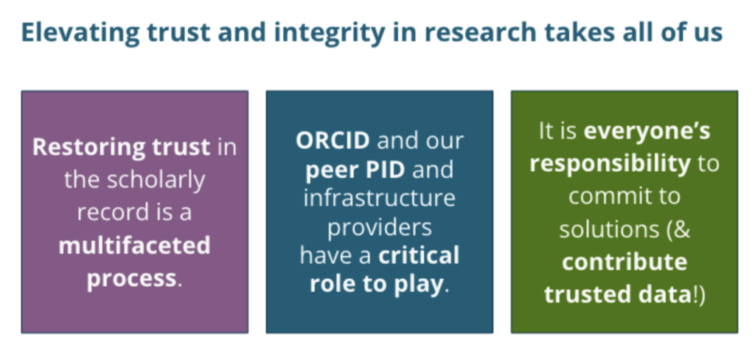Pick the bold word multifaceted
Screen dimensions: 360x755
pos(134,245)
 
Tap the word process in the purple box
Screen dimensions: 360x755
pos(131,279)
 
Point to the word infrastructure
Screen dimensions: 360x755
pos(379,198)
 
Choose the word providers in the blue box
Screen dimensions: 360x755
pos(379,227)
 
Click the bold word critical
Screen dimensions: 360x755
pos(418,255)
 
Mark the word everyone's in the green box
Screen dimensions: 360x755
pos(647,131)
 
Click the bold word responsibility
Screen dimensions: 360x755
pos(610,163)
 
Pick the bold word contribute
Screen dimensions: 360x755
pos(624,261)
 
